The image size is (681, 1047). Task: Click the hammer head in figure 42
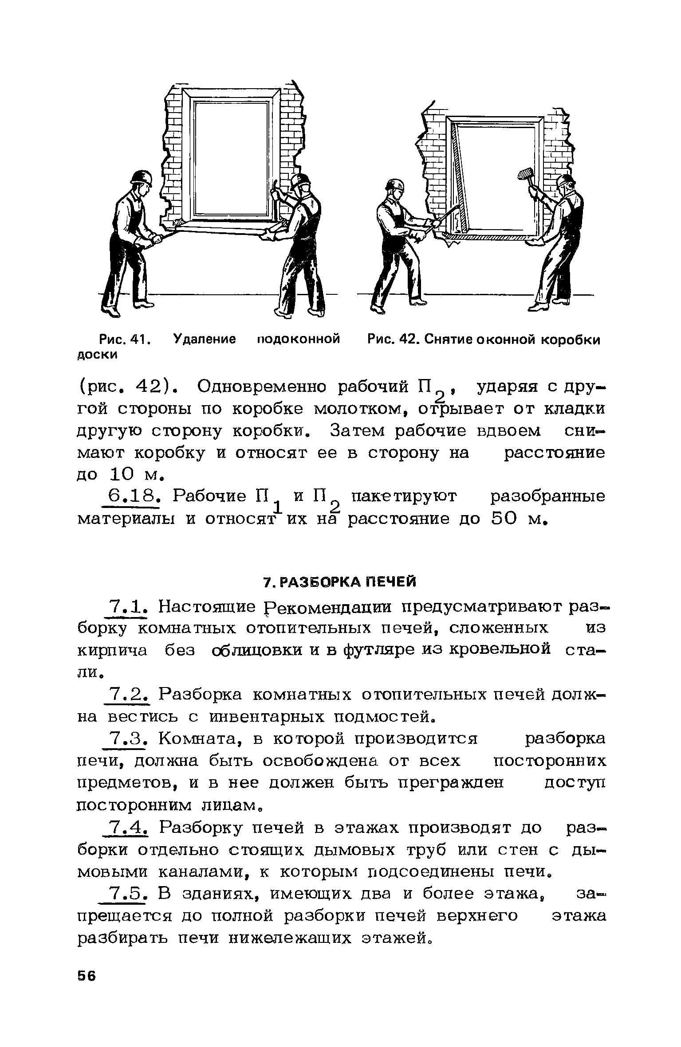526,174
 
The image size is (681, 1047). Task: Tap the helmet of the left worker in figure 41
142,178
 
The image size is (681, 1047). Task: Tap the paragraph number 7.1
127,606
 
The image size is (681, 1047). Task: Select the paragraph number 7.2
127,694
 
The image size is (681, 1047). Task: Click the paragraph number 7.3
127,738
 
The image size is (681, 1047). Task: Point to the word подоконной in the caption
299,340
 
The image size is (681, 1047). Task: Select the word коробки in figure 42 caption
572,340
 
